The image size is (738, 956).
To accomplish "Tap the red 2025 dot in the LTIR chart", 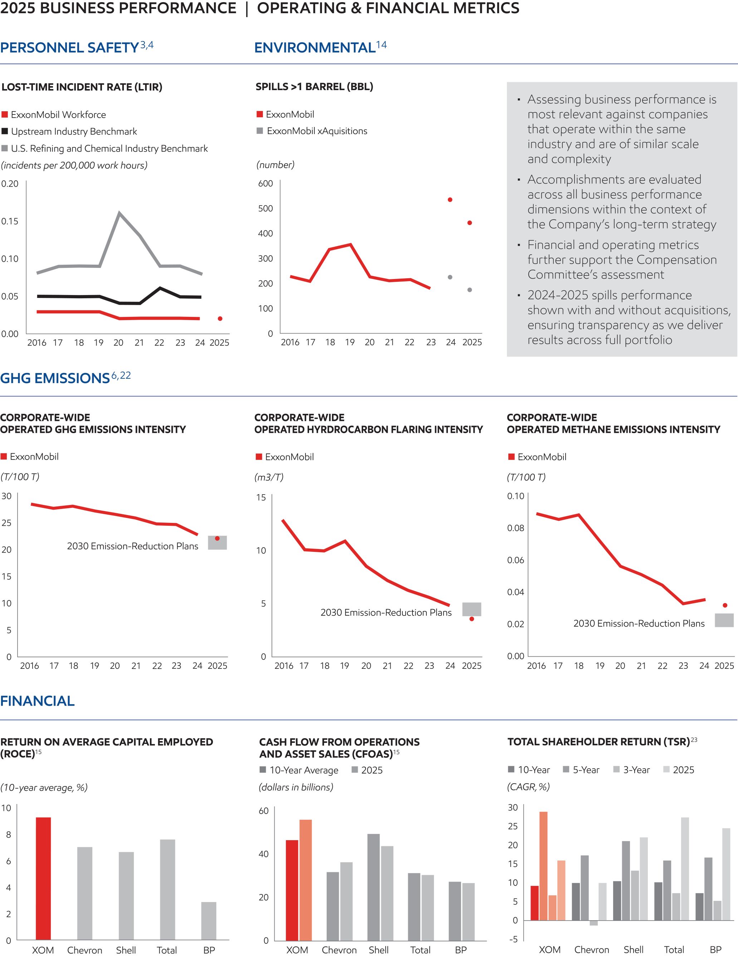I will click(220, 319).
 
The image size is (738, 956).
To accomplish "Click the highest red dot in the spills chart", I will click(450, 200).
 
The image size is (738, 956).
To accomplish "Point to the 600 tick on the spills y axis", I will click(265, 183).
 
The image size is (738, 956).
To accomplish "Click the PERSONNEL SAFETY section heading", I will click(70, 47).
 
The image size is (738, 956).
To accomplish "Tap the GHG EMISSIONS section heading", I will click(55, 378).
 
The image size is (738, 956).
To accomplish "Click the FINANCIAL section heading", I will click(37, 701).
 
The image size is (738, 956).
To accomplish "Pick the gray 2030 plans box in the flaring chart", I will click(471, 609).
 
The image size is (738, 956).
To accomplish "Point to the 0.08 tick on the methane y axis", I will click(515, 528).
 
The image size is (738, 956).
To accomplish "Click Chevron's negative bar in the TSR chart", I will click(593, 923).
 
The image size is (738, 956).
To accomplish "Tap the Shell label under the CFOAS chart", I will click(378, 950).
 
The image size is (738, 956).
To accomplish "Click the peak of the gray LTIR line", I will click(119, 213).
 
